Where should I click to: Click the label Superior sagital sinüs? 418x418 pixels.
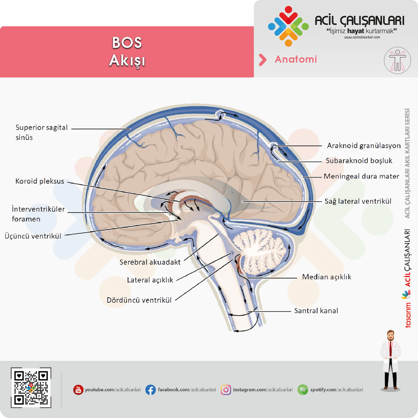coord(41,133)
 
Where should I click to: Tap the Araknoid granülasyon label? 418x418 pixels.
coord(364,145)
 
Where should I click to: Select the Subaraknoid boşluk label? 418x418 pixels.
coord(359,161)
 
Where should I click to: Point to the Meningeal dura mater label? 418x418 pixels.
coord(361,176)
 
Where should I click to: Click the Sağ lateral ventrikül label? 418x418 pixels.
coord(358,201)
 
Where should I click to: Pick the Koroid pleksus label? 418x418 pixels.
coord(40,181)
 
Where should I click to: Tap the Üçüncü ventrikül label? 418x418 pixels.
coord(33,236)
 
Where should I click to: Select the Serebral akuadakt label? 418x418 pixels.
coord(150,263)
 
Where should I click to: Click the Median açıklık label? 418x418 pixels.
coord(326,277)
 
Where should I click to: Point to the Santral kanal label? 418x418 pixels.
coord(316,311)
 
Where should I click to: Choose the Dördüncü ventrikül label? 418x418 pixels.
coord(139,300)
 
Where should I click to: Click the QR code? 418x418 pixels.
coord(31,387)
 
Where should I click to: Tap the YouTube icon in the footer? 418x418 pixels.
coord(78,390)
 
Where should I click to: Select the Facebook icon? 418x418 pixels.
coord(150,390)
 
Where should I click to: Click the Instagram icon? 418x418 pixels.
coord(226,390)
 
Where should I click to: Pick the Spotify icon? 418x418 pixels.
coord(303,390)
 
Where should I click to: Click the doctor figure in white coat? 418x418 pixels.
coord(390,360)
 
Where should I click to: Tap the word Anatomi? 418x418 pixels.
coord(296,59)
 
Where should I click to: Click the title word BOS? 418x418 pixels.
coord(127,43)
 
